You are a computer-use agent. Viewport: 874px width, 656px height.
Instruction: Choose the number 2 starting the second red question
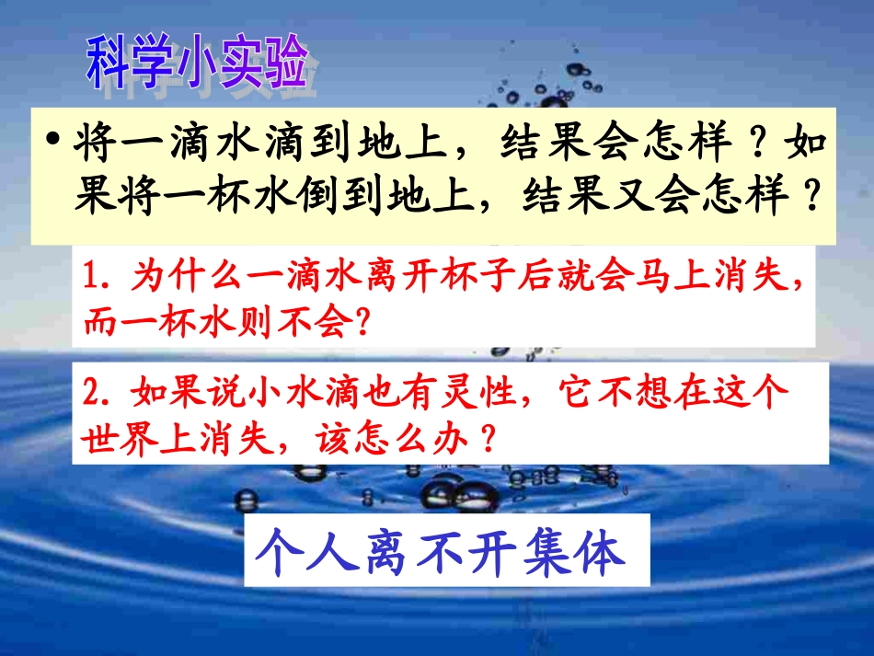click(89, 392)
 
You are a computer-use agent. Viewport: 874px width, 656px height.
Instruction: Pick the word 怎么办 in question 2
click(421, 436)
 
